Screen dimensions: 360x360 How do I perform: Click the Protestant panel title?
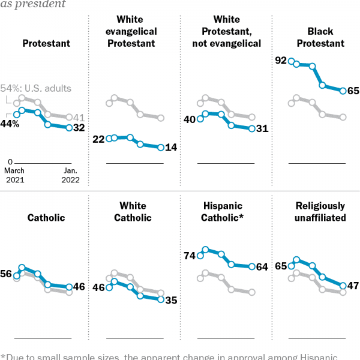(46, 43)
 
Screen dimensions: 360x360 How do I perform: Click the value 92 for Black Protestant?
(280, 60)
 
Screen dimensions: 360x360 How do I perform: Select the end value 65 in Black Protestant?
(354, 91)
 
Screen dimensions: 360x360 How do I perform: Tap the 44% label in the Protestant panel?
(10, 124)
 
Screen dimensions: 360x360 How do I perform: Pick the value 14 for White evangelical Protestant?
(171, 148)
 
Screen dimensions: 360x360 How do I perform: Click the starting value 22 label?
(98, 139)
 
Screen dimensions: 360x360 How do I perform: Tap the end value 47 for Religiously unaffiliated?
(354, 286)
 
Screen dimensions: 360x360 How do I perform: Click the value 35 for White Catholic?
(171, 300)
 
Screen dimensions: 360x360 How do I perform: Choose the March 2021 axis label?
(16, 175)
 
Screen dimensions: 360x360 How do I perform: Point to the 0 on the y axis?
(10, 162)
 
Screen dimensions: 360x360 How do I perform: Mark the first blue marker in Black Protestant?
(291, 61)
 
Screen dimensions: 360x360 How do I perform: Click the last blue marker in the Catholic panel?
(70, 287)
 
